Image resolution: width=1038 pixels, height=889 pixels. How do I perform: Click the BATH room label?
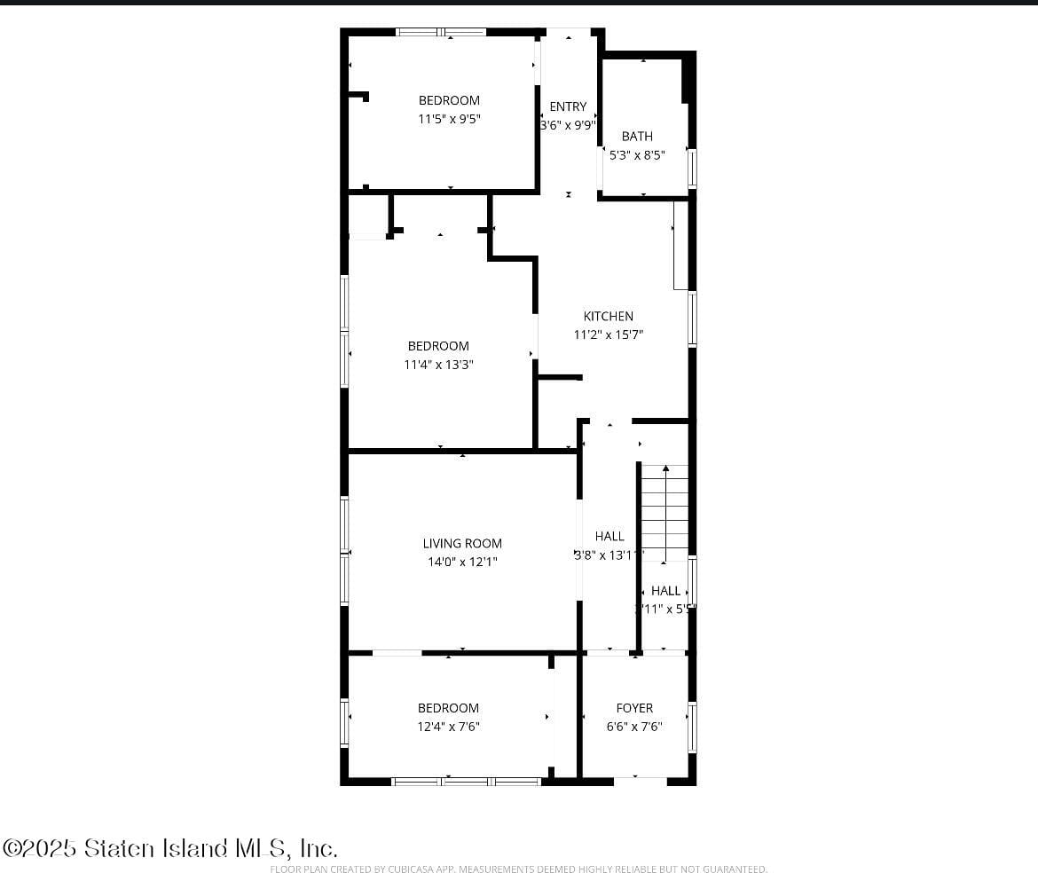tap(637, 136)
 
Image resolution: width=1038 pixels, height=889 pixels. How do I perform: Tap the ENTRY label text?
tap(568, 106)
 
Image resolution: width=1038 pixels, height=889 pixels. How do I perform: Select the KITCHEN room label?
tap(609, 316)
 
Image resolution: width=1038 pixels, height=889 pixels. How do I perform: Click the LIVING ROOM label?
tap(462, 543)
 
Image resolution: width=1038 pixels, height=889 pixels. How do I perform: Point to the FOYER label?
tap(634, 707)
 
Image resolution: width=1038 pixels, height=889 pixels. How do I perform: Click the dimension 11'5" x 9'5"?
tap(449, 119)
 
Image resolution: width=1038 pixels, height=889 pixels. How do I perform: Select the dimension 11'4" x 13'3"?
tap(438, 364)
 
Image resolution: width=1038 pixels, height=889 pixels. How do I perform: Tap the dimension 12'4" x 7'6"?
tap(448, 726)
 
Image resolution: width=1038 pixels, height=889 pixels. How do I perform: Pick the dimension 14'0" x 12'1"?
tap(462, 562)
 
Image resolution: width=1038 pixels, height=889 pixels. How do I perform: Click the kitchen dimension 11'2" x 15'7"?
tap(609, 334)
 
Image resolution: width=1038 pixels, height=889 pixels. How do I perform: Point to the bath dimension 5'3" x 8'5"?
tap(637, 154)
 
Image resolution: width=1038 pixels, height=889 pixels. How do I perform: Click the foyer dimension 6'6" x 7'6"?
tap(634, 726)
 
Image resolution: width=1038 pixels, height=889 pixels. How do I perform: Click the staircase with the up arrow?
tap(665, 513)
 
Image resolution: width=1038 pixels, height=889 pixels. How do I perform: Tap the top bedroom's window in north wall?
tap(441, 32)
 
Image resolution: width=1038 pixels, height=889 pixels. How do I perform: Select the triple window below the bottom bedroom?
tap(467, 782)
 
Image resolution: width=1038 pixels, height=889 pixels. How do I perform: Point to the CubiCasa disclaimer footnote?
tap(518, 869)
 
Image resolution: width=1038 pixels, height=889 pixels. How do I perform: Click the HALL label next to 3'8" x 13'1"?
tap(609, 536)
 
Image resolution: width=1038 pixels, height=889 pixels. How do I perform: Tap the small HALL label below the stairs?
tap(666, 590)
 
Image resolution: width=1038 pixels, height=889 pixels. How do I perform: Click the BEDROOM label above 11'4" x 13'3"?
tap(438, 346)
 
